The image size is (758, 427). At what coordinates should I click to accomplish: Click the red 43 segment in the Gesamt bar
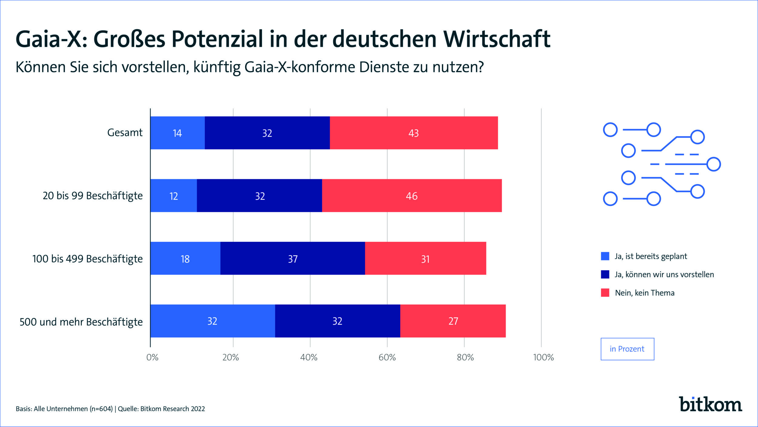[x=414, y=133]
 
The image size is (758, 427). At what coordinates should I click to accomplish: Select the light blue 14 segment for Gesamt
[x=177, y=133]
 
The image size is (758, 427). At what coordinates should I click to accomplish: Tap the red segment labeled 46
[x=412, y=196]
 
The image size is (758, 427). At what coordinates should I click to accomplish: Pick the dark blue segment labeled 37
[x=293, y=259]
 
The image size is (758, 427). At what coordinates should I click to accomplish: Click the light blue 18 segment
[x=185, y=259]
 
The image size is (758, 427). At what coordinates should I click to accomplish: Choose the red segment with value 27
[x=453, y=321]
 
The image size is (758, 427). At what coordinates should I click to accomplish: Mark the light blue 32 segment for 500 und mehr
[x=212, y=321]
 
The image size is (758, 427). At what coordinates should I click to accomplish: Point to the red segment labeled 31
[x=425, y=259]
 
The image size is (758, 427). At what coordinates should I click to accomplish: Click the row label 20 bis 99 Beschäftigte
[x=92, y=196]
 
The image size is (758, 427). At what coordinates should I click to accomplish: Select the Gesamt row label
[x=125, y=133]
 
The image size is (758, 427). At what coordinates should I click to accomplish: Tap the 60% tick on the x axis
[x=387, y=357]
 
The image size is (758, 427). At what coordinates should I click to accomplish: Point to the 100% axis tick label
[x=543, y=357]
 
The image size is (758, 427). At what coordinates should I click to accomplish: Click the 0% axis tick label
[x=152, y=357]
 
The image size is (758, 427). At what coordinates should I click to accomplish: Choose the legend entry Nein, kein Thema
[x=645, y=293]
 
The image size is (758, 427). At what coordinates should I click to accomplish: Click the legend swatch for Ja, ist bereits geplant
[x=605, y=256]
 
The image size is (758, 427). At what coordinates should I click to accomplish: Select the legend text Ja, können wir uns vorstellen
[x=664, y=275]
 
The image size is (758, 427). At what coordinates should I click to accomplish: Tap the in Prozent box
[x=627, y=349]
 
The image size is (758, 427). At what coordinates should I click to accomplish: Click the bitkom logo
[x=710, y=404]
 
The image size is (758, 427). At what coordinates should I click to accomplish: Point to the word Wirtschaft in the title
[x=497, y=39]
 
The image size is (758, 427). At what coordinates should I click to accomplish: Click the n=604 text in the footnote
[x=101, y=409]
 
